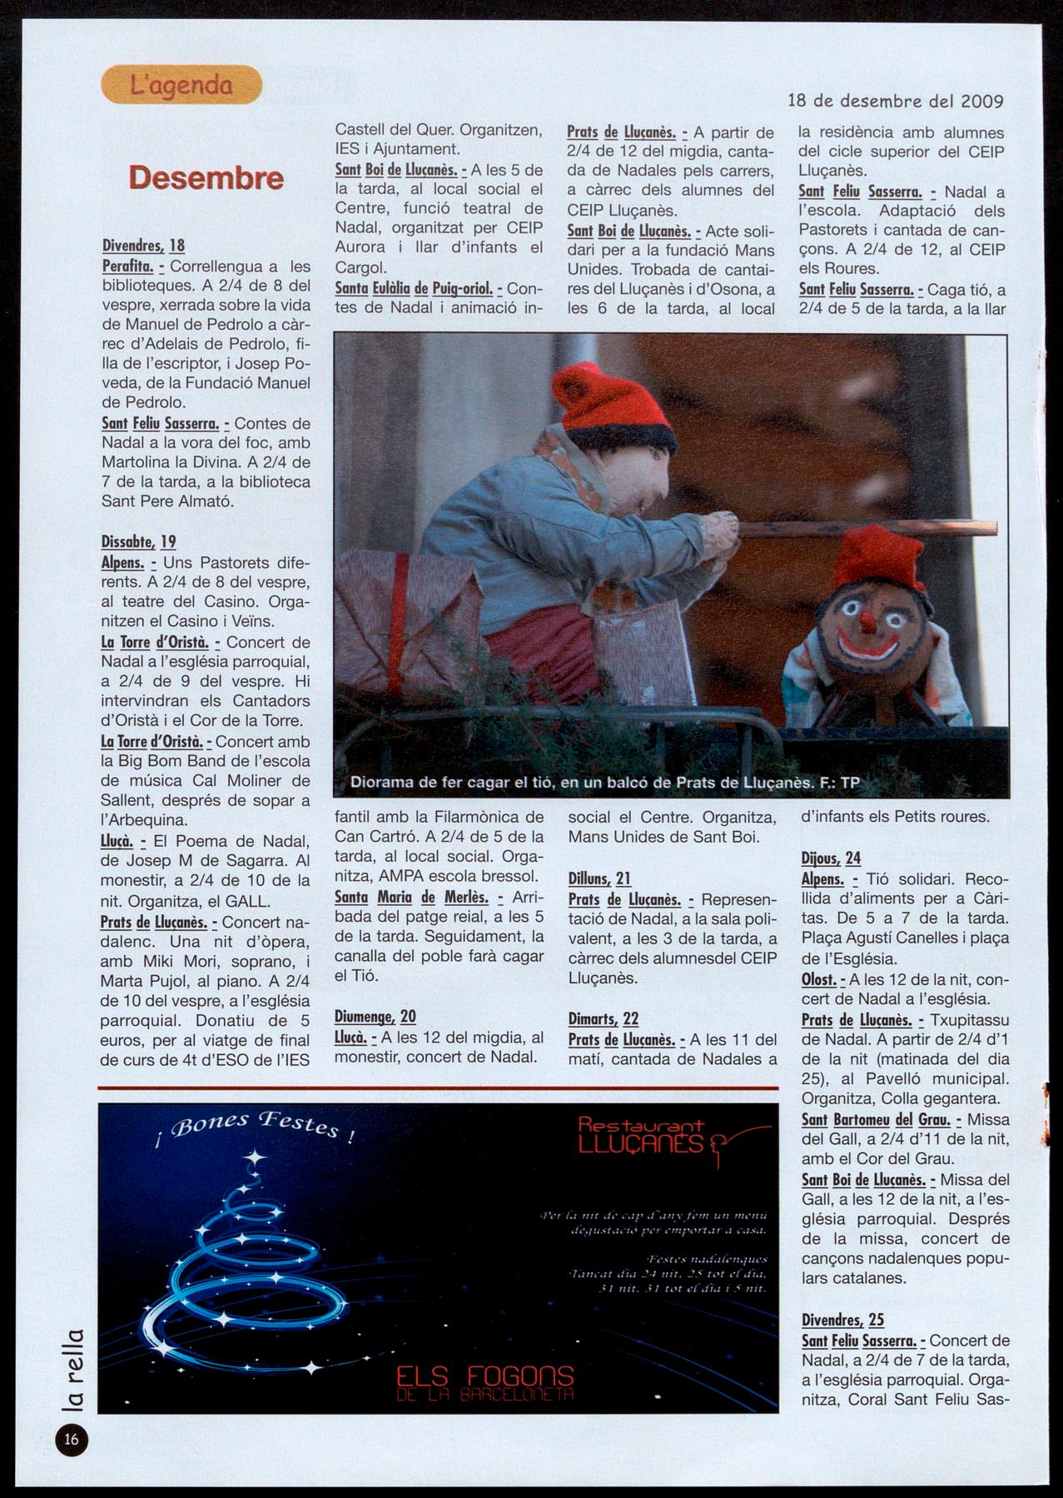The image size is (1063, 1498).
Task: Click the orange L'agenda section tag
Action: tap(181, 85)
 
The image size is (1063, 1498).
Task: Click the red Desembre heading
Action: tap(206, 178)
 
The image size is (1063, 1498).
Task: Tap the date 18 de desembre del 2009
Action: tap(895, 102)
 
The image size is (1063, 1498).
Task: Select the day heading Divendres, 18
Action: tap(143, 246)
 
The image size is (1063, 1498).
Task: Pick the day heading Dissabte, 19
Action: tap(139, 542)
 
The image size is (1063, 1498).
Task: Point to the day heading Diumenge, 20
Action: tap(375, 1017)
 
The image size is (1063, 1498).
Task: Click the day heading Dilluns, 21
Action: tap(599, 878)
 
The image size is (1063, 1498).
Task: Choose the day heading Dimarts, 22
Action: tap(603, 1019)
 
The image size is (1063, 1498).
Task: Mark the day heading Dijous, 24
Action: tap(831, 858)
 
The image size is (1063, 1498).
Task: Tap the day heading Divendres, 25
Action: tap(842, 1320)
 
